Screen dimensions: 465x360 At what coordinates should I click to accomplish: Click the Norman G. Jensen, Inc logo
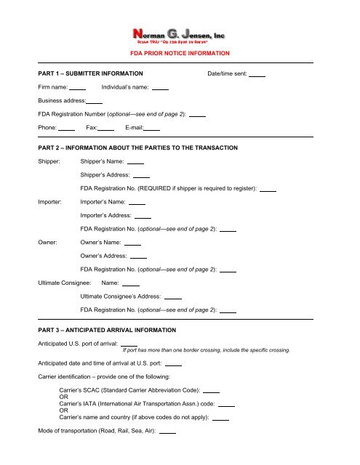point(179,34)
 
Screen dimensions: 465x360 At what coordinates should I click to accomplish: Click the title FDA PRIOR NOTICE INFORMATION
point(180,54)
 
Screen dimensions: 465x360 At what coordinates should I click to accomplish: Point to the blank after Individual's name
point(161,89)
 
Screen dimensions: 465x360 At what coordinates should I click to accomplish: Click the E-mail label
point(134,128)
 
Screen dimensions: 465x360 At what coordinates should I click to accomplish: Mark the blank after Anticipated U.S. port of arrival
point(129,344)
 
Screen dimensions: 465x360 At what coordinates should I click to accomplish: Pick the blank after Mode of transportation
point(167,433)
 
